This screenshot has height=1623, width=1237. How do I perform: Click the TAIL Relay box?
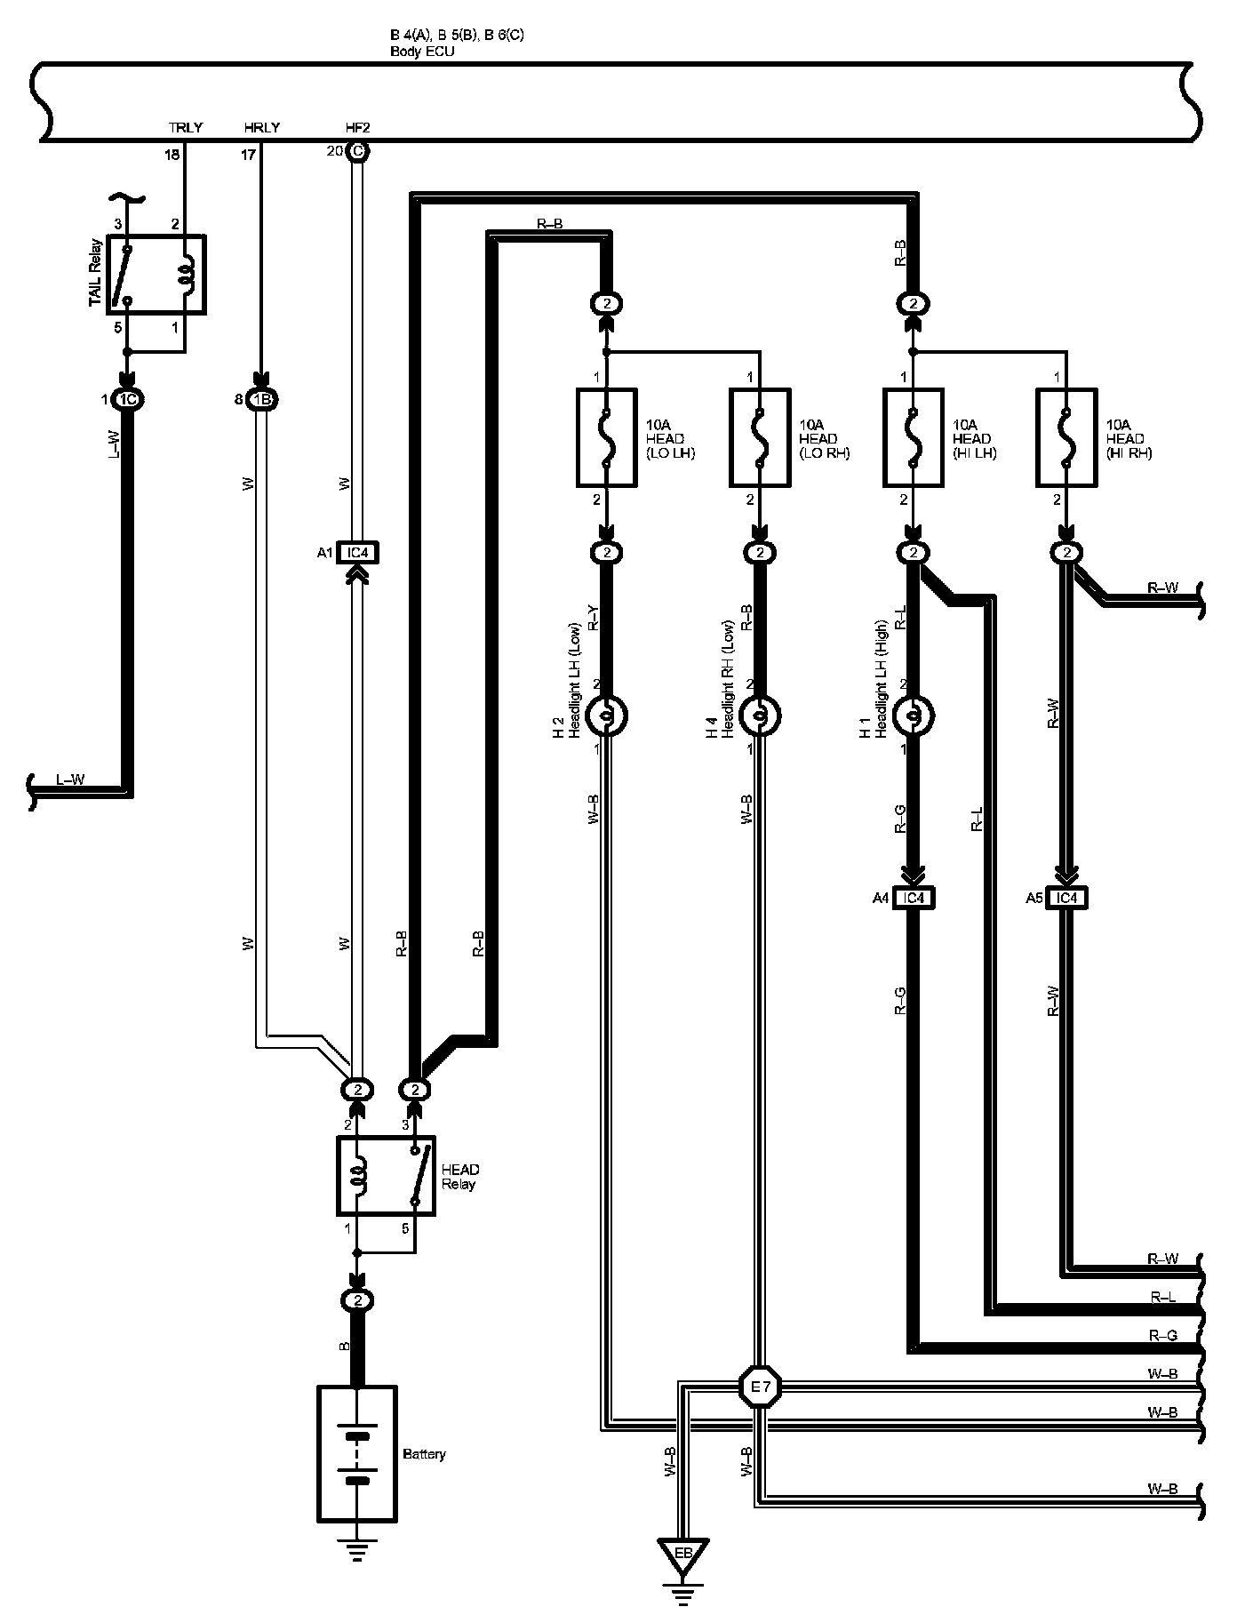tap(156, 275)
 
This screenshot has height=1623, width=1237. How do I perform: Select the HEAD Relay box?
tap(386, 1175)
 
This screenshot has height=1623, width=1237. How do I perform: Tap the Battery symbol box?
tap(357, 1453)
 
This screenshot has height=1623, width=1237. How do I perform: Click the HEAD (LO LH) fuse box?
tap(607, 437)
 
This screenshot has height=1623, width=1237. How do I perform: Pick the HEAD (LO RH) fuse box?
tap(760, 437)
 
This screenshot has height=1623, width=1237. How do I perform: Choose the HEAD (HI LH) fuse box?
tap(914, 437)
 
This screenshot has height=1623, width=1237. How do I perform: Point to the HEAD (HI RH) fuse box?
tap(1066, 437)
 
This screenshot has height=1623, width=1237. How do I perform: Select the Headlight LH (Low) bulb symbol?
tap(607, 715)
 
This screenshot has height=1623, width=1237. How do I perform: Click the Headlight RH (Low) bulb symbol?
tap(760, 715)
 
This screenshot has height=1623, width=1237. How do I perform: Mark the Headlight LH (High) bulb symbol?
tap(914, 715)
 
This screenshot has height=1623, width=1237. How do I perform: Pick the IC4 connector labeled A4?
tap(914, 899)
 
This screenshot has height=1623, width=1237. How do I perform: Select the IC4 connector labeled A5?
tap(1066, 899)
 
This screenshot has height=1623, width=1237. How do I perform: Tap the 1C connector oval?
tap(128, 400)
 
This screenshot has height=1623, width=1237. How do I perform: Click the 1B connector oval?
tap(261, 400)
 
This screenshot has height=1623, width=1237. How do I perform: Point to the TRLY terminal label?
tap(186, 128)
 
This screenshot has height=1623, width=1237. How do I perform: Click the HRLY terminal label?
tap(262, 128)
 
